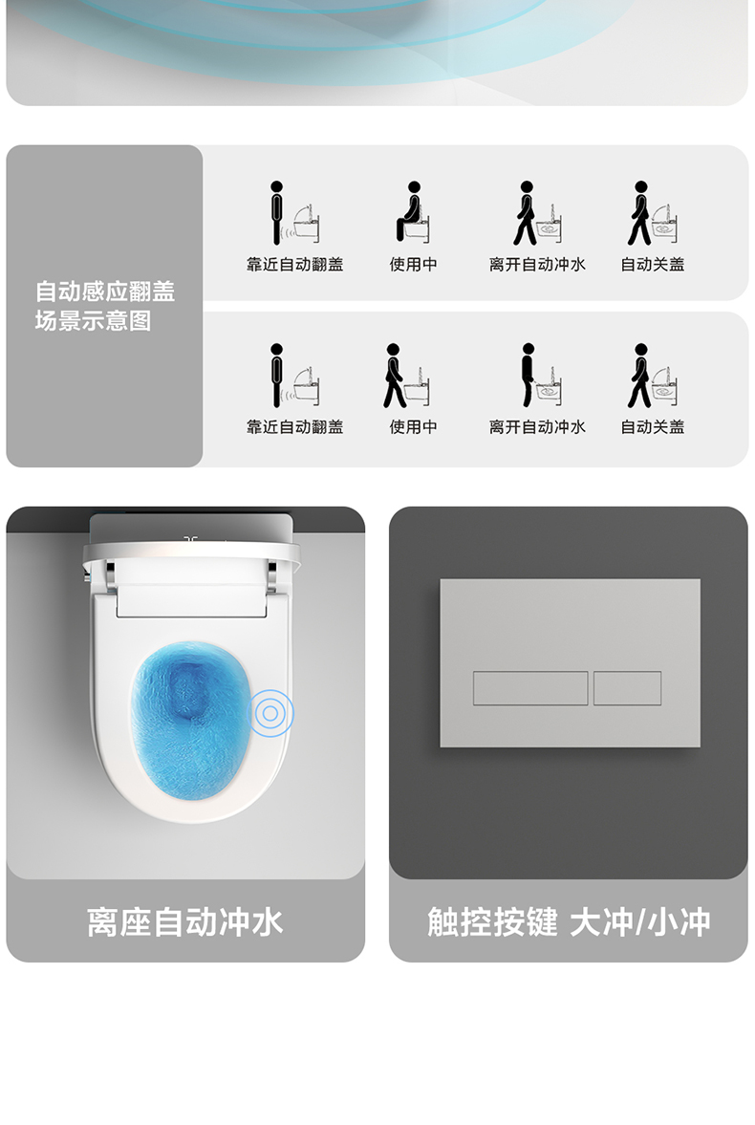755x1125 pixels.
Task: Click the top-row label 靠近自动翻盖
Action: click(x=294, y=265)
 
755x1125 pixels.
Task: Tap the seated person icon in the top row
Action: click(x=410, y=211)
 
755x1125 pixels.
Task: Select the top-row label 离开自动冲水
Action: click(x=537, y=265)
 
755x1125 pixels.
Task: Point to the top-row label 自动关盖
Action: click(x=653, y=265)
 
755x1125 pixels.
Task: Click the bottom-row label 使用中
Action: click(x=414, y=427)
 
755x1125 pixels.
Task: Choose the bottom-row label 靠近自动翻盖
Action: click(x=294, y=427)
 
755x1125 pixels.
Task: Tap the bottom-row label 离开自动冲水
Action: click(x=537, y=427)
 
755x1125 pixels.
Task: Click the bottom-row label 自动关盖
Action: click(x=653, y=427)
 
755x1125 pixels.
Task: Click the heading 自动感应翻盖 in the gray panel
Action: click(x=105, y=292)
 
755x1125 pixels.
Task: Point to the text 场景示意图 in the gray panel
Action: click(x=94, y=321)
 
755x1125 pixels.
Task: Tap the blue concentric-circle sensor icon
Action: click(x=270, y=712)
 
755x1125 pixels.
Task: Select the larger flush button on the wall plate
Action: click(x=530, y=688)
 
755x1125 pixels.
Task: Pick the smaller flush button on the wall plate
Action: click(x=627, y=688)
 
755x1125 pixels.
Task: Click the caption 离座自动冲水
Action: click(x=185, y=922)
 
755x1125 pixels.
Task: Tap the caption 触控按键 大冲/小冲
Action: click(x=569, y=922)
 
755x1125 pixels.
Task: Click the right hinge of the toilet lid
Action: click(x=272, y=577)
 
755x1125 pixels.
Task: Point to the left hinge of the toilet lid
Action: click(x=109, y=577)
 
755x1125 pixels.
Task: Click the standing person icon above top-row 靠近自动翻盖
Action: click(x=276, y=212)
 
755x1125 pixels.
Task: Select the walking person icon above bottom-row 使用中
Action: click(x=394, y=376)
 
